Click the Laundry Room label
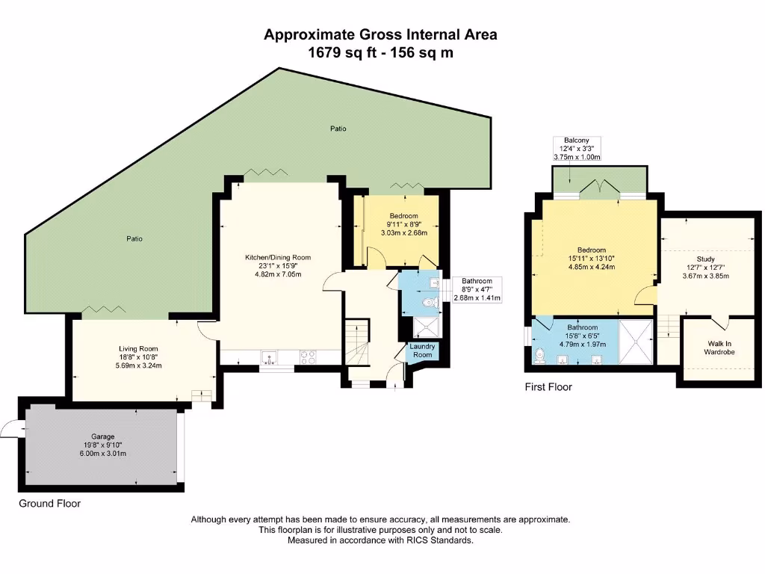[423, 351]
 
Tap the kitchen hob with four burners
[307, 357]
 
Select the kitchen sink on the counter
[269, 357]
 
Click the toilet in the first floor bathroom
[540, 358]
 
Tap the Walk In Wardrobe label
[720, 348]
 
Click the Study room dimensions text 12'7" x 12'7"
[706, 268]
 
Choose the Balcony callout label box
[577, 149]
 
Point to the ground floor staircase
[359, 340]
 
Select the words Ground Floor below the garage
[49, 504]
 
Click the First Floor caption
[548, 387]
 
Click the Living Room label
[138, 348]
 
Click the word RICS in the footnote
[411, 540]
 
